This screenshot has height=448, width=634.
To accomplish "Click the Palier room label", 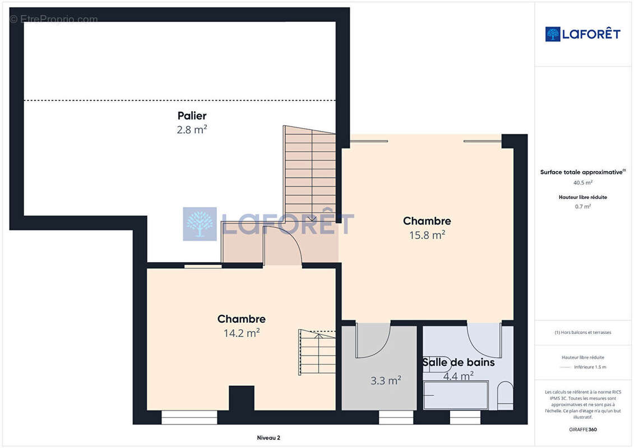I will [x=192, y=116].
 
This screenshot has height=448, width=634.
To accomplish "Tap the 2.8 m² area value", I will [x=192, y=130].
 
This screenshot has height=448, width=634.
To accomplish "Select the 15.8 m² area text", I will [x=427, y=235].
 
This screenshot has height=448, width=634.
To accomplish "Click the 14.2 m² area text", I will [x=241, y=333].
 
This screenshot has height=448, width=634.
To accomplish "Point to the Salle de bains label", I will [x=459, y=362].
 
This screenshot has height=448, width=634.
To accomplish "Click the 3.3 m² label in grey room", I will [x=385, y=381].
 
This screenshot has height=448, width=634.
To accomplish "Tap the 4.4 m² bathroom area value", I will [x=458, y=376].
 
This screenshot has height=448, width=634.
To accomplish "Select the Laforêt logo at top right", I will [x=582, y=34].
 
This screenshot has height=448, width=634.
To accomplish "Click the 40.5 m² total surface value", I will [x=582, y=183].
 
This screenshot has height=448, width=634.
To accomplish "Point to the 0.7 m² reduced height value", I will [x=582, y=207].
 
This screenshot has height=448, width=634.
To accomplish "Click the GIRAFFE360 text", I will [x=582, y=430].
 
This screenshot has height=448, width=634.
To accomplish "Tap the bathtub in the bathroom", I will [x=455, y=395].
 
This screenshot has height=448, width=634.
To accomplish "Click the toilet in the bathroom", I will [x=505, y=395].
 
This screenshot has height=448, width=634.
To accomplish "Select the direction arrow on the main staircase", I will [x=312, y=218].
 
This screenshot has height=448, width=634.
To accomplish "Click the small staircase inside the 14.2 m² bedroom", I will [x=318, y=353].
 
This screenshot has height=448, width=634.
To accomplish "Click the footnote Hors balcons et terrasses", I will [x=582, y=332].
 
